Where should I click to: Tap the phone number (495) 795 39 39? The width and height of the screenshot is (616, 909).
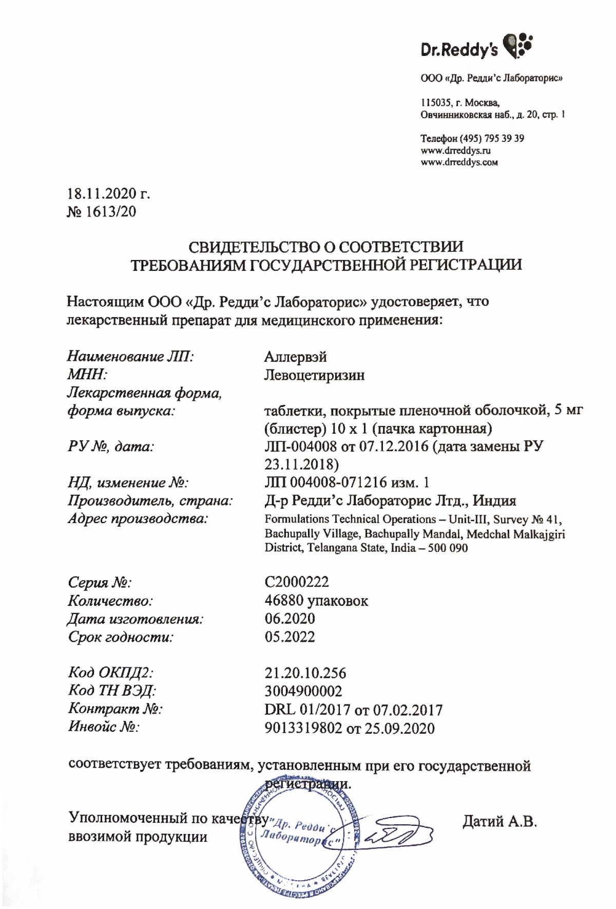[x=491, y=138]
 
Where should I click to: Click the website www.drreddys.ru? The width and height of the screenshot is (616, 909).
[x=455, y=151]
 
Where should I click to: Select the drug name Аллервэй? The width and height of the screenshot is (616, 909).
[x=295, y=357]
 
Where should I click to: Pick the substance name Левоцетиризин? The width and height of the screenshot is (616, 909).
[x=314, y=375]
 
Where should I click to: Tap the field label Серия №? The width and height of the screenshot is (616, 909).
[x=100, y=582]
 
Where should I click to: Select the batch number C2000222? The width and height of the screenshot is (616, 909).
[x=297, y=582]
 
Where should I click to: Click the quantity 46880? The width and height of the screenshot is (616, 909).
[x=283, y=600]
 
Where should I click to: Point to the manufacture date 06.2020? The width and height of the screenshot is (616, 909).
[x=290, y=618]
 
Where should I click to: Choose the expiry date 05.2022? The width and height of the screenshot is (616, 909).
[x=290, y=637]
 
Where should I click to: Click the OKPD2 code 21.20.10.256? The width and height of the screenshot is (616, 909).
[x=305, y=673]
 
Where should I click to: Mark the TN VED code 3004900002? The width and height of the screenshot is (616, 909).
[x=303, y=691]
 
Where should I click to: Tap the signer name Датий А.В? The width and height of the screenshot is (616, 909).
[x=499, y=821]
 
